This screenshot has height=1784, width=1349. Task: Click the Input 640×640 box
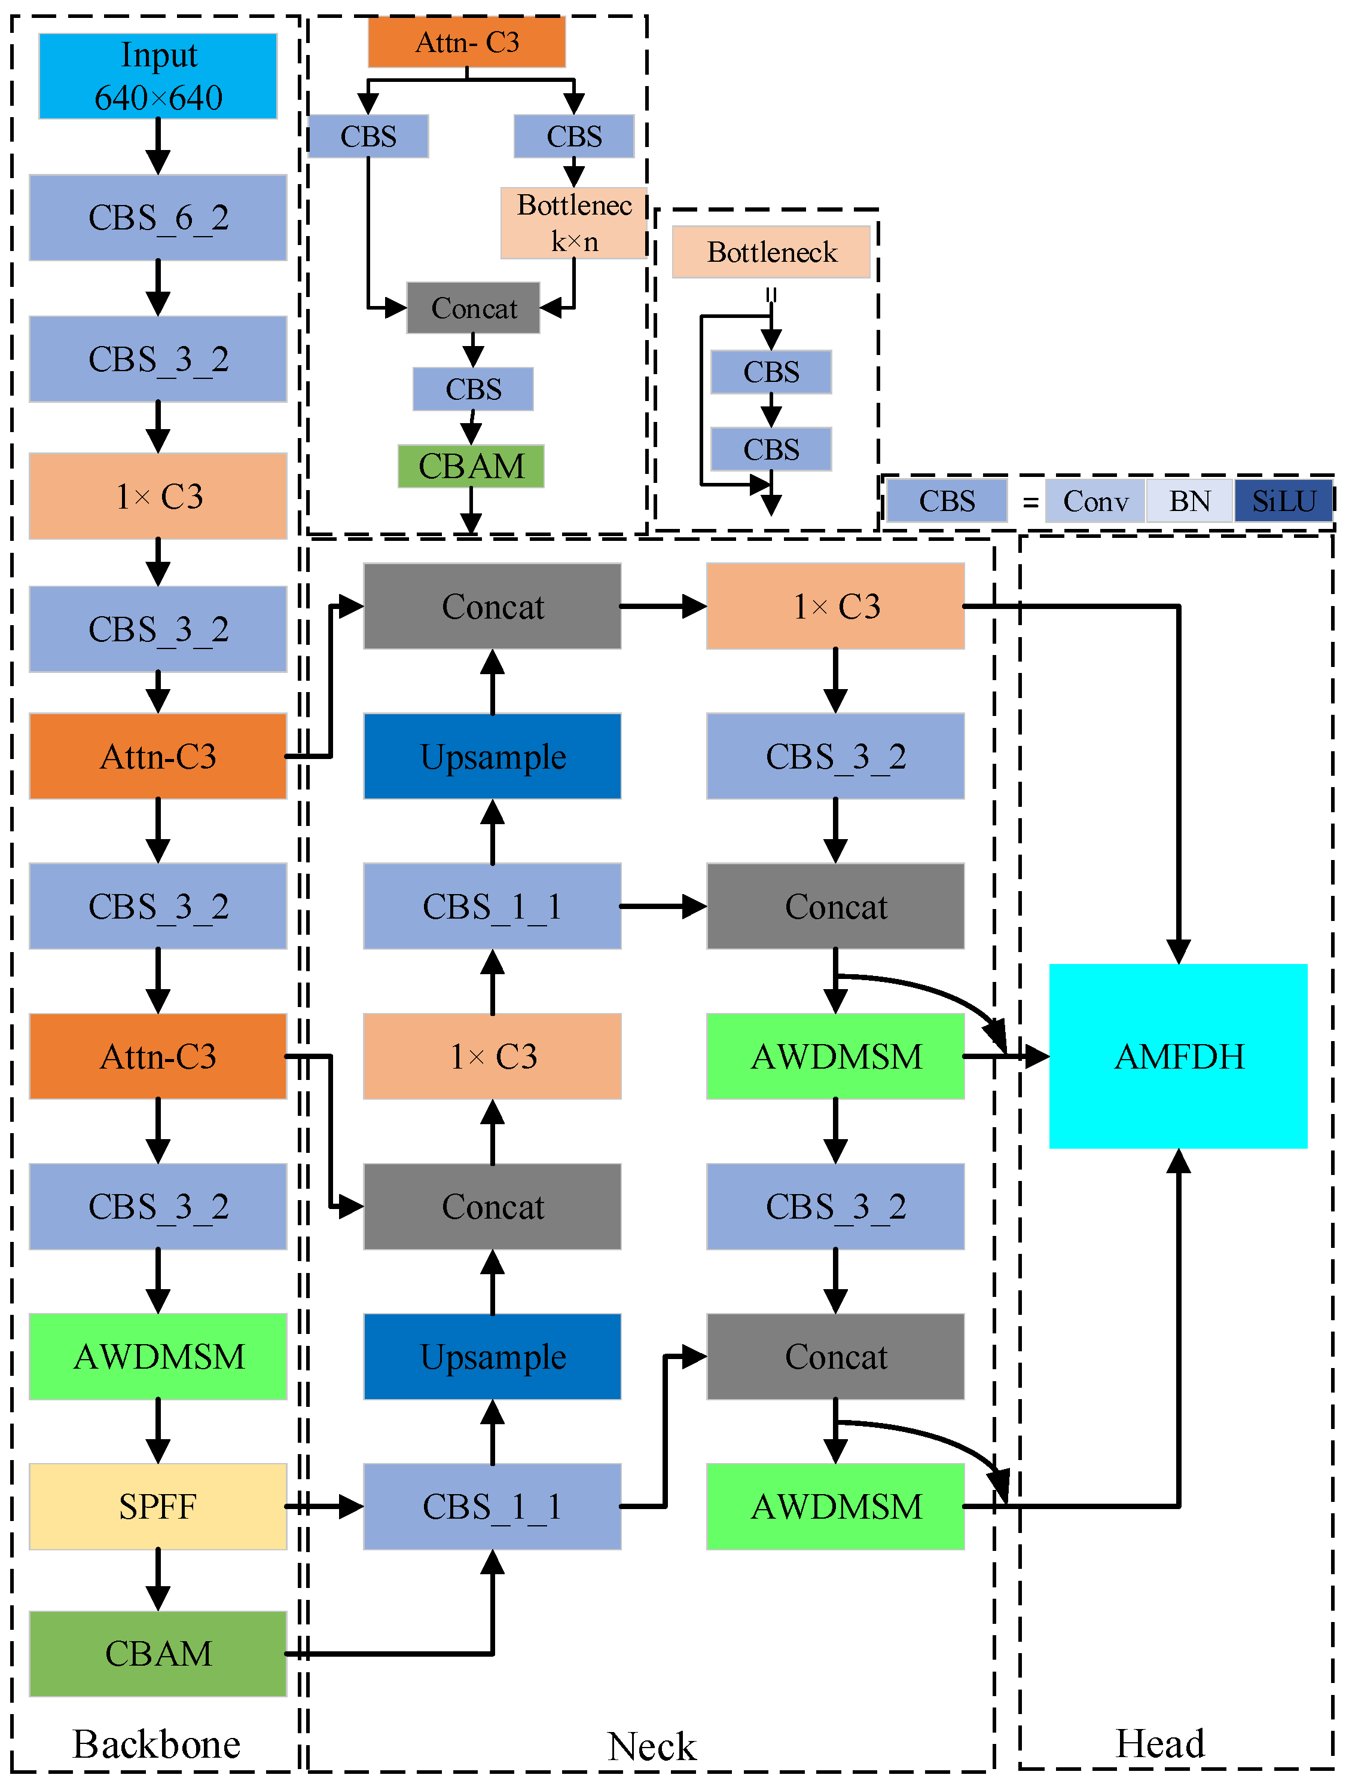[158, 76]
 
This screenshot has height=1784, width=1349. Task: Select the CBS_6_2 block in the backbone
[158, 218]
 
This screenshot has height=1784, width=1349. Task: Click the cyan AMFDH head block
[1178, 1055]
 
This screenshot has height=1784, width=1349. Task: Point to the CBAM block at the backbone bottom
[158, 1653]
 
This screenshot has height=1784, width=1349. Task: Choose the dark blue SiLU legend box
[1283, 501]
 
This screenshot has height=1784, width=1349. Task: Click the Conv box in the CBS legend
[1095, 501]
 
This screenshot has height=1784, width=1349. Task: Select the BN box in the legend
[1189, 501]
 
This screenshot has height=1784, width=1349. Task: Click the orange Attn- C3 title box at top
[466, 42]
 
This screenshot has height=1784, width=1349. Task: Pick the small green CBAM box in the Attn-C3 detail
[471, 466]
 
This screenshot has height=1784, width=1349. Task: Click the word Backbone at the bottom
[157, 1744]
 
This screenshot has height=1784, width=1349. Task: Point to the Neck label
[651, 1746]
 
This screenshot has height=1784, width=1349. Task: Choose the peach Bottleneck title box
[771, 252]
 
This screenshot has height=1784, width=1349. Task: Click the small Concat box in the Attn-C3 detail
[474, 308]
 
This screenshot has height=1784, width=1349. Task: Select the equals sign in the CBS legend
[1030, 503]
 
